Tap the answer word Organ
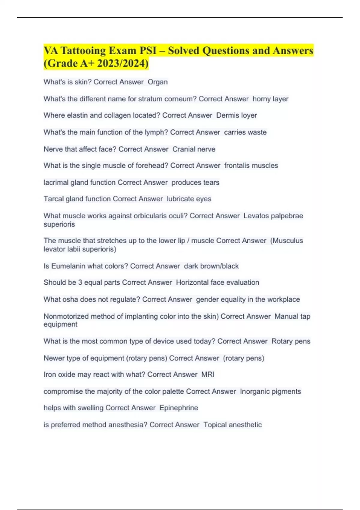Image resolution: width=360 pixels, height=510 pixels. (157, 82)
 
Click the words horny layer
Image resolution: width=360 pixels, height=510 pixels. (270, 99)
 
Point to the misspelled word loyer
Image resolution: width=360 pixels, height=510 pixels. (249, 115)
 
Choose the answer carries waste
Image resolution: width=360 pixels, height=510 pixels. (245, 132)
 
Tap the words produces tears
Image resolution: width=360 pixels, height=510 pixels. (195, 182)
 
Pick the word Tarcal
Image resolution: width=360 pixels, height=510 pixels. (54, 199)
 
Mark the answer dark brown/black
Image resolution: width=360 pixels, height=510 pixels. (211, 266)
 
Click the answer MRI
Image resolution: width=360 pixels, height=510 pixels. (208, 375)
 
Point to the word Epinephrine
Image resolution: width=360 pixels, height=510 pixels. (178, 408)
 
